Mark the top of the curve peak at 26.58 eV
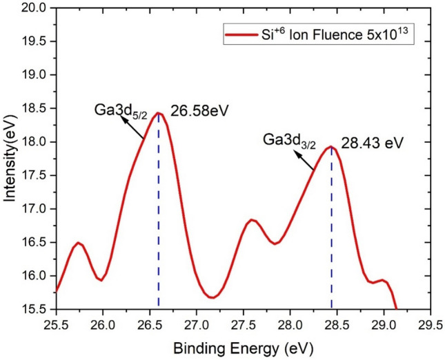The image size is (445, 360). pyautogui.click(x=158, y=113)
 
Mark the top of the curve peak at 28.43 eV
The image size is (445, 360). pyautogui.click(x=331, y=146)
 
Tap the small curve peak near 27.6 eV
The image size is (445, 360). pyautogui.click(x=253, y=219)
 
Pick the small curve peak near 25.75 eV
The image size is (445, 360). pyautogui.click(x=79, y=243)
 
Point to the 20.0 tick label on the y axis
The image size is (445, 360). pyautogui.click(x=36, y=8)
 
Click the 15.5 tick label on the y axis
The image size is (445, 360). pyautogui.click(x=36, y=309)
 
